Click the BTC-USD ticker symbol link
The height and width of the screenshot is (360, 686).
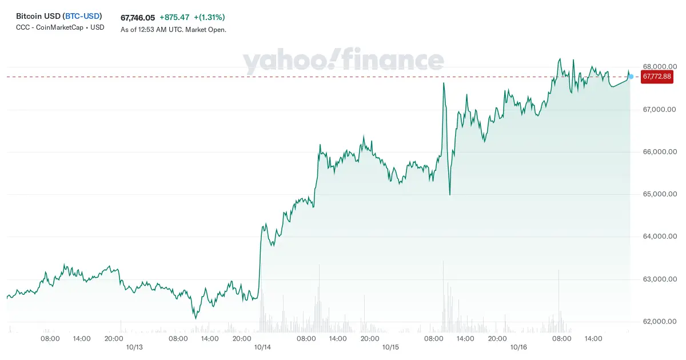82,16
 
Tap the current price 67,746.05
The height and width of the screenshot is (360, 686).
138,18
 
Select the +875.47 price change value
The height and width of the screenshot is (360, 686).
174,18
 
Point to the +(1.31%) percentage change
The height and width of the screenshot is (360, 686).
209,18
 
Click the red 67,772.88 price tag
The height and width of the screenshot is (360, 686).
657,77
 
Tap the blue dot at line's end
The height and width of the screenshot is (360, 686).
631,77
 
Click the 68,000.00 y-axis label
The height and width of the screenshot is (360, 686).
660,67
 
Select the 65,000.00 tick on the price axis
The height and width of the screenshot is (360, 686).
660,194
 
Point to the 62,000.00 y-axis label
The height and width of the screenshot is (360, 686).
660,321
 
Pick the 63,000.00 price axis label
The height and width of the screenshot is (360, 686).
660,279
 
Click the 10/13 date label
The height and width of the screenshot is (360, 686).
134,347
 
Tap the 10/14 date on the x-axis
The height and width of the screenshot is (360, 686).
262,347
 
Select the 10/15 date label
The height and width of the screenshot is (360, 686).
390,347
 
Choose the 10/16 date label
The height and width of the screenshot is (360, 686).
519,347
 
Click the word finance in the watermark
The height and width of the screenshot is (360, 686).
393,59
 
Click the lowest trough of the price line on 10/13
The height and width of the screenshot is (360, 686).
196,318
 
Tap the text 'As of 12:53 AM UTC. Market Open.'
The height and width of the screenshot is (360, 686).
173,30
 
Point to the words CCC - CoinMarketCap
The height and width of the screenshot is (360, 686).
50,27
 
